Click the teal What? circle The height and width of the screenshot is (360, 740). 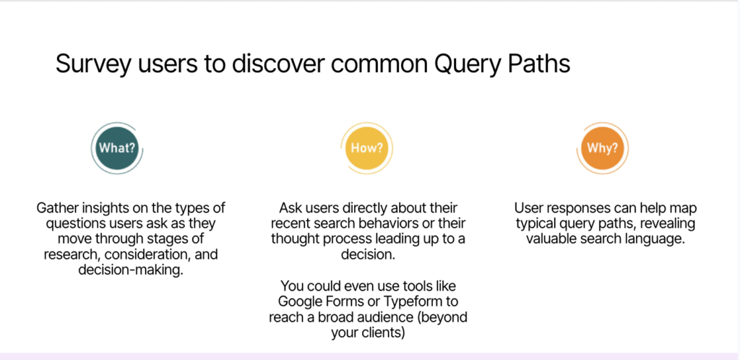click(x=116, y=148)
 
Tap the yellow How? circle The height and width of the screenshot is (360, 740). click(x=366, y=148)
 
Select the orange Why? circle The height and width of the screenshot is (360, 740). click(x=602, y=148)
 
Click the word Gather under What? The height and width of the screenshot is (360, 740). click(x=55, y=208)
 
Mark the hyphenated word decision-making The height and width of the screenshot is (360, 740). click(x=131, y=270)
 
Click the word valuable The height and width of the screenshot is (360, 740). click(x=549, y=239)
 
